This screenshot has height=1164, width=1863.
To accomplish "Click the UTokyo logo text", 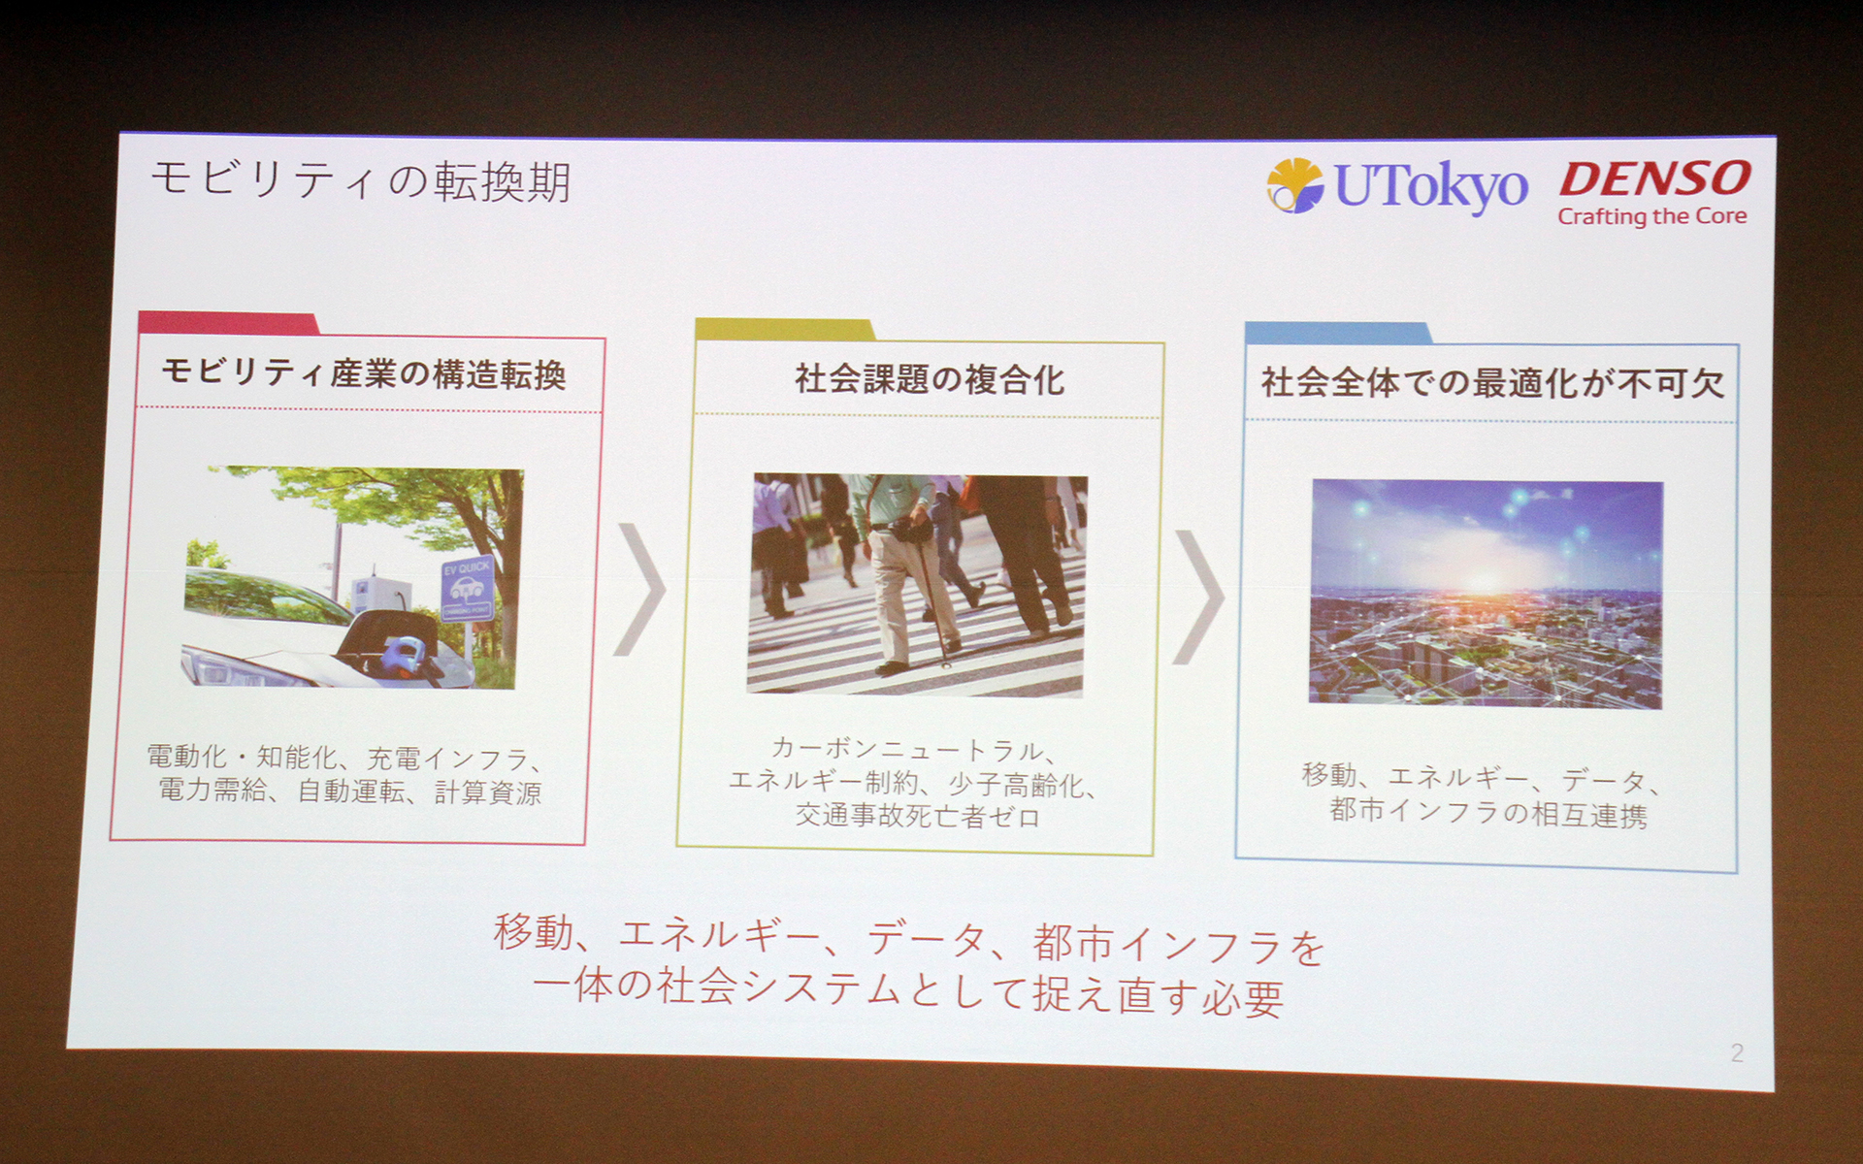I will point(1431,185).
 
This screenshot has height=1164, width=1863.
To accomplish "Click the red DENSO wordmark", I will point(1655,179).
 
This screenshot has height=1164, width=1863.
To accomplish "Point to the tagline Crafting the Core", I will point(1651,216).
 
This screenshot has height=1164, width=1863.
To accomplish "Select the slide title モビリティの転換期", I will point(361,181).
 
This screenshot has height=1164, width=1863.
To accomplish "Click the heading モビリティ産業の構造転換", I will point(364,373).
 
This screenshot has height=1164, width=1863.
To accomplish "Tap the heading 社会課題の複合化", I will point(929,379).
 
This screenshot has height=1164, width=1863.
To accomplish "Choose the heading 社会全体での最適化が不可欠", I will point(1491,383).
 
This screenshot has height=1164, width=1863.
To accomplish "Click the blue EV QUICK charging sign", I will point(467,588).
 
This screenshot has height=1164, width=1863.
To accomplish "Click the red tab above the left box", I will point(229,323).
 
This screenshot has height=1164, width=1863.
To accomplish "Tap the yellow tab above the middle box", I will point(784,330).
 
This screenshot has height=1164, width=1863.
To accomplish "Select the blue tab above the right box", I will point(1337,334).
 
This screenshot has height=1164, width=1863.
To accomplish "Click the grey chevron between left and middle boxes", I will point(640,589).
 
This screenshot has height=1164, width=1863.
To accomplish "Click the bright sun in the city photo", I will point(1484,580).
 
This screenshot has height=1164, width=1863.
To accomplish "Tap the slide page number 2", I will point(1736,1052).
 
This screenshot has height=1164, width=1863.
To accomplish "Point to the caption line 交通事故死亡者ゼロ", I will point(917,816).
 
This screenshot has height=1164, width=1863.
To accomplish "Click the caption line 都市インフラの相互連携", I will point(1487,813).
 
